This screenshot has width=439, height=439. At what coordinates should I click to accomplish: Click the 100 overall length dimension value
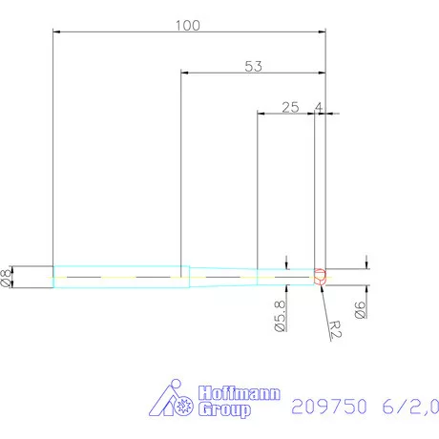[188, 26]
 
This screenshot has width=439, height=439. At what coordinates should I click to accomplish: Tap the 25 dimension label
[291, 107]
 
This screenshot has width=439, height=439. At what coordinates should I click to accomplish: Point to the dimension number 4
[318, 107]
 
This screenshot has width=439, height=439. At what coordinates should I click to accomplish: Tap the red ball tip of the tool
[321, 277]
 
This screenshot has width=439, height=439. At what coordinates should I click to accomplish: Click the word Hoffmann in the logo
[227, 393]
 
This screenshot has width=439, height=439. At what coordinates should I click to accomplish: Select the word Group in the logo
[225, 409]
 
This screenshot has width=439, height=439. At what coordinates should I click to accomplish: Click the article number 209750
[327, 405]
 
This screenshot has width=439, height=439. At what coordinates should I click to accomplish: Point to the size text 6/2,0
[407, 405]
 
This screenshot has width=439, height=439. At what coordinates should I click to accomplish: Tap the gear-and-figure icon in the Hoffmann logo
[175, 401]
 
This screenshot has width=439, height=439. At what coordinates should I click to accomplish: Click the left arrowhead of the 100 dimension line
[57, 32]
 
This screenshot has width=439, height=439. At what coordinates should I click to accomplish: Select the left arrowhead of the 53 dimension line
[185, 73]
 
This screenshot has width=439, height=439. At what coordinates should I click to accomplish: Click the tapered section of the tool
[219, 276]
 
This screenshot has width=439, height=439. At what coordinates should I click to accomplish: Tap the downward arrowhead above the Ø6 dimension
[367, 264]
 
